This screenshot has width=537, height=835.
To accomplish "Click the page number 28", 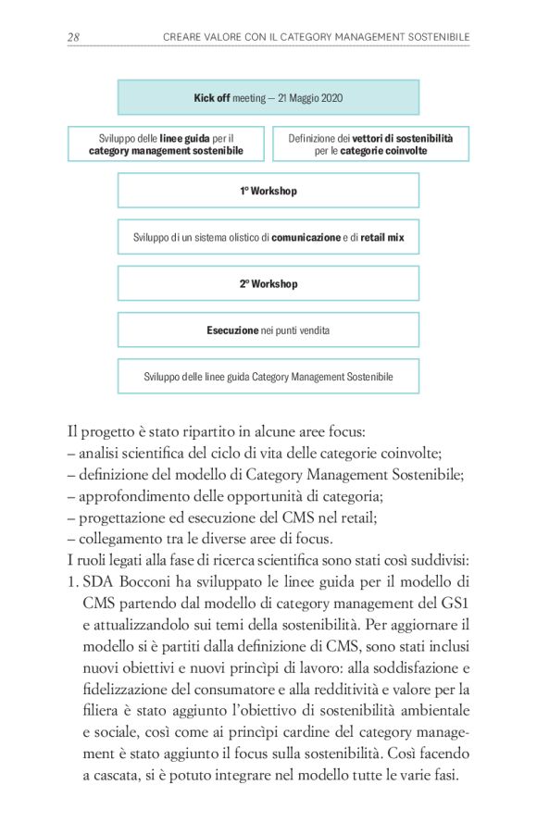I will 73,36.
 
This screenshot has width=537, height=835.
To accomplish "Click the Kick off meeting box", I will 268,97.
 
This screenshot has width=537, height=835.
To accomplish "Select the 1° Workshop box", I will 268,191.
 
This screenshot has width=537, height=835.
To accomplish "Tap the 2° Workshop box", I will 268,283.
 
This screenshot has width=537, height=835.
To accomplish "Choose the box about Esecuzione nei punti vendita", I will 268,330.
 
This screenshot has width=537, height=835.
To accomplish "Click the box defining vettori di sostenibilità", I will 370,143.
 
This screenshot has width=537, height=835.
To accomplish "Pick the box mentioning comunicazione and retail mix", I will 268,237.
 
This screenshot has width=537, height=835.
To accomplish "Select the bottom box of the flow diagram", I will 268,377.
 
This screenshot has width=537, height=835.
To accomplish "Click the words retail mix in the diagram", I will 382,237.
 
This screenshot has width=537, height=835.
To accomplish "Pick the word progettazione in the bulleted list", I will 121,517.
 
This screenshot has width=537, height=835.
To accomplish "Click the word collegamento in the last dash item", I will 120,539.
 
